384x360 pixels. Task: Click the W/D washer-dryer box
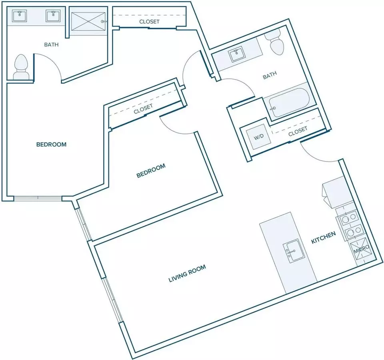[x=259, y=137]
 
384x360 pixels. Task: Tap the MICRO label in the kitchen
[x=361, y=250]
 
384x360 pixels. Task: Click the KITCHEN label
[x=323, y=238]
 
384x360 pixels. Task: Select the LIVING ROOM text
[x=187, y=273]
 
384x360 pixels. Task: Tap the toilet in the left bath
[x=21, y=67]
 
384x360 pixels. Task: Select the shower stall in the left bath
[x=88, y=21]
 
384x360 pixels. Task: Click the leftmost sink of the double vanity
[x=19, y=16]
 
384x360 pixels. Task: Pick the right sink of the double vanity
[x=53, y=16]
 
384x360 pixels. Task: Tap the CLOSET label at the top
[x=149, y=22]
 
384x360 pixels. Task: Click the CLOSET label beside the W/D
[x=298, y=131]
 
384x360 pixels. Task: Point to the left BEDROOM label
[x=52, y=144]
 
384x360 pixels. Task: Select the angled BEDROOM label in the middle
[x=151, y=171]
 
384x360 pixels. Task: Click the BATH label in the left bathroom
[x=52, y=44]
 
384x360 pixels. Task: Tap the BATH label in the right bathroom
[x=270, y=75]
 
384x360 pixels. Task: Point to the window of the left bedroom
[x=38, y=198]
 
